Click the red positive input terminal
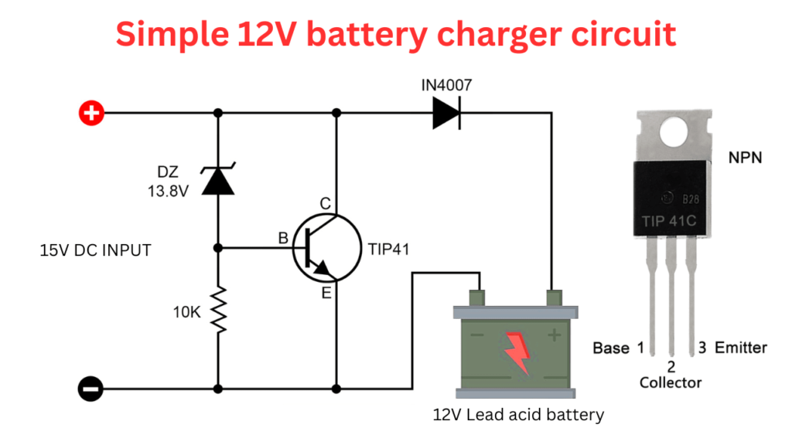tap(91, 114)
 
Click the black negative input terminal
tap(91, 388)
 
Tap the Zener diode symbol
tap(218, 179)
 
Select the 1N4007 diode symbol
tap(446, 114)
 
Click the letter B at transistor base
tap(283, 239)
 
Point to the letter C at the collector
tap(325, 204)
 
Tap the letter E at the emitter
tap(325, 293)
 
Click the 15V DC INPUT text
tap(95, 250)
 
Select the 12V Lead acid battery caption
tap(518, 415)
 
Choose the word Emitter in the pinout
tap(740, 348)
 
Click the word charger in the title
tap(476, 34)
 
